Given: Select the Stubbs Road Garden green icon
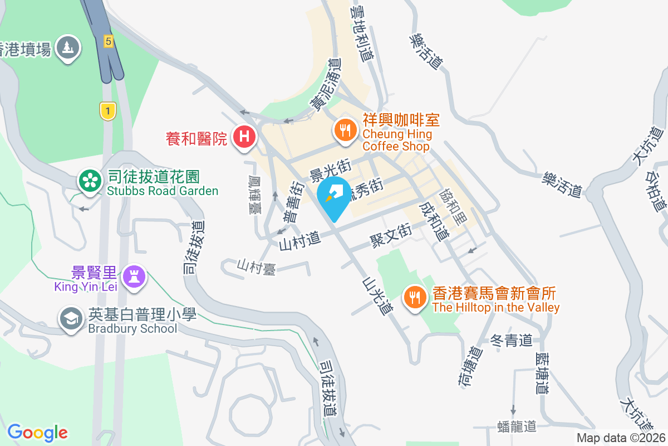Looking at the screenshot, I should pos(89,181).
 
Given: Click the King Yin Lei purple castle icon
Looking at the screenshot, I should pos(134,275).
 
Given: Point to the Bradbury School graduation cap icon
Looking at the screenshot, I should pos(71,319).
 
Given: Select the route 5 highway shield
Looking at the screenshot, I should pos(109,41).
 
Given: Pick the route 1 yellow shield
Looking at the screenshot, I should pos(107,110).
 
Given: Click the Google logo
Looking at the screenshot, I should pos(37,432).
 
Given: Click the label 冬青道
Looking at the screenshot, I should pos(513,340).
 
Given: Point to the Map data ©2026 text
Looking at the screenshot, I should pos(621,438).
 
